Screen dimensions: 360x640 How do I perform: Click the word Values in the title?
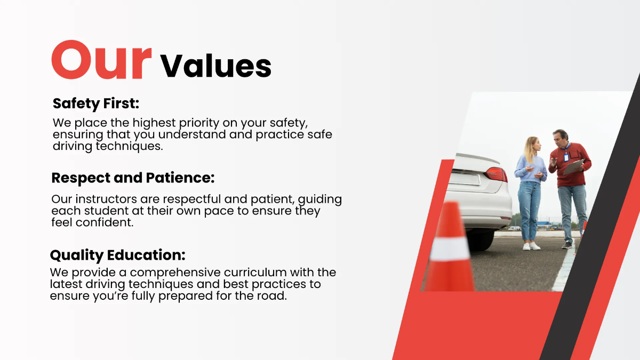click(216, 66)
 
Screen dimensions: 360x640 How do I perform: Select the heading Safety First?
click(96, 103)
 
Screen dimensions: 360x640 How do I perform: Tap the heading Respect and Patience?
click(133, 178)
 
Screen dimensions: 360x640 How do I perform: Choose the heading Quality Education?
click(118, 254)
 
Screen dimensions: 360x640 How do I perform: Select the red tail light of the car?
click(496, 174)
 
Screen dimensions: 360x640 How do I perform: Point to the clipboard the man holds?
click(574, 166)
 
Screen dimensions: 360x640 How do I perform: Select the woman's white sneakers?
click(531, 246)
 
